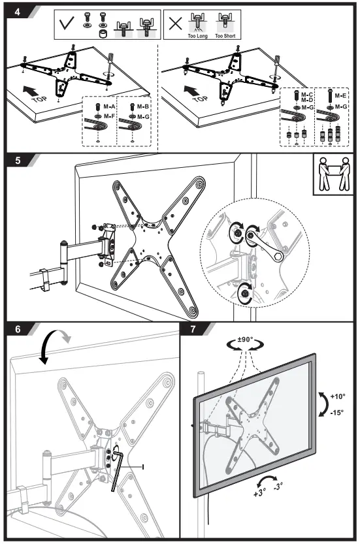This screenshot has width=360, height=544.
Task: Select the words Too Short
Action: (x=225, y=37)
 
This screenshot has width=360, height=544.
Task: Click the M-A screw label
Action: (x=108, y=105)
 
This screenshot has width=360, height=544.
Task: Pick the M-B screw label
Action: (x=144, y=105)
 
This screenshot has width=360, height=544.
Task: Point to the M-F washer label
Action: (x=108, y=116)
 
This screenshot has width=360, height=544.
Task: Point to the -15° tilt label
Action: (x=336, y=412)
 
